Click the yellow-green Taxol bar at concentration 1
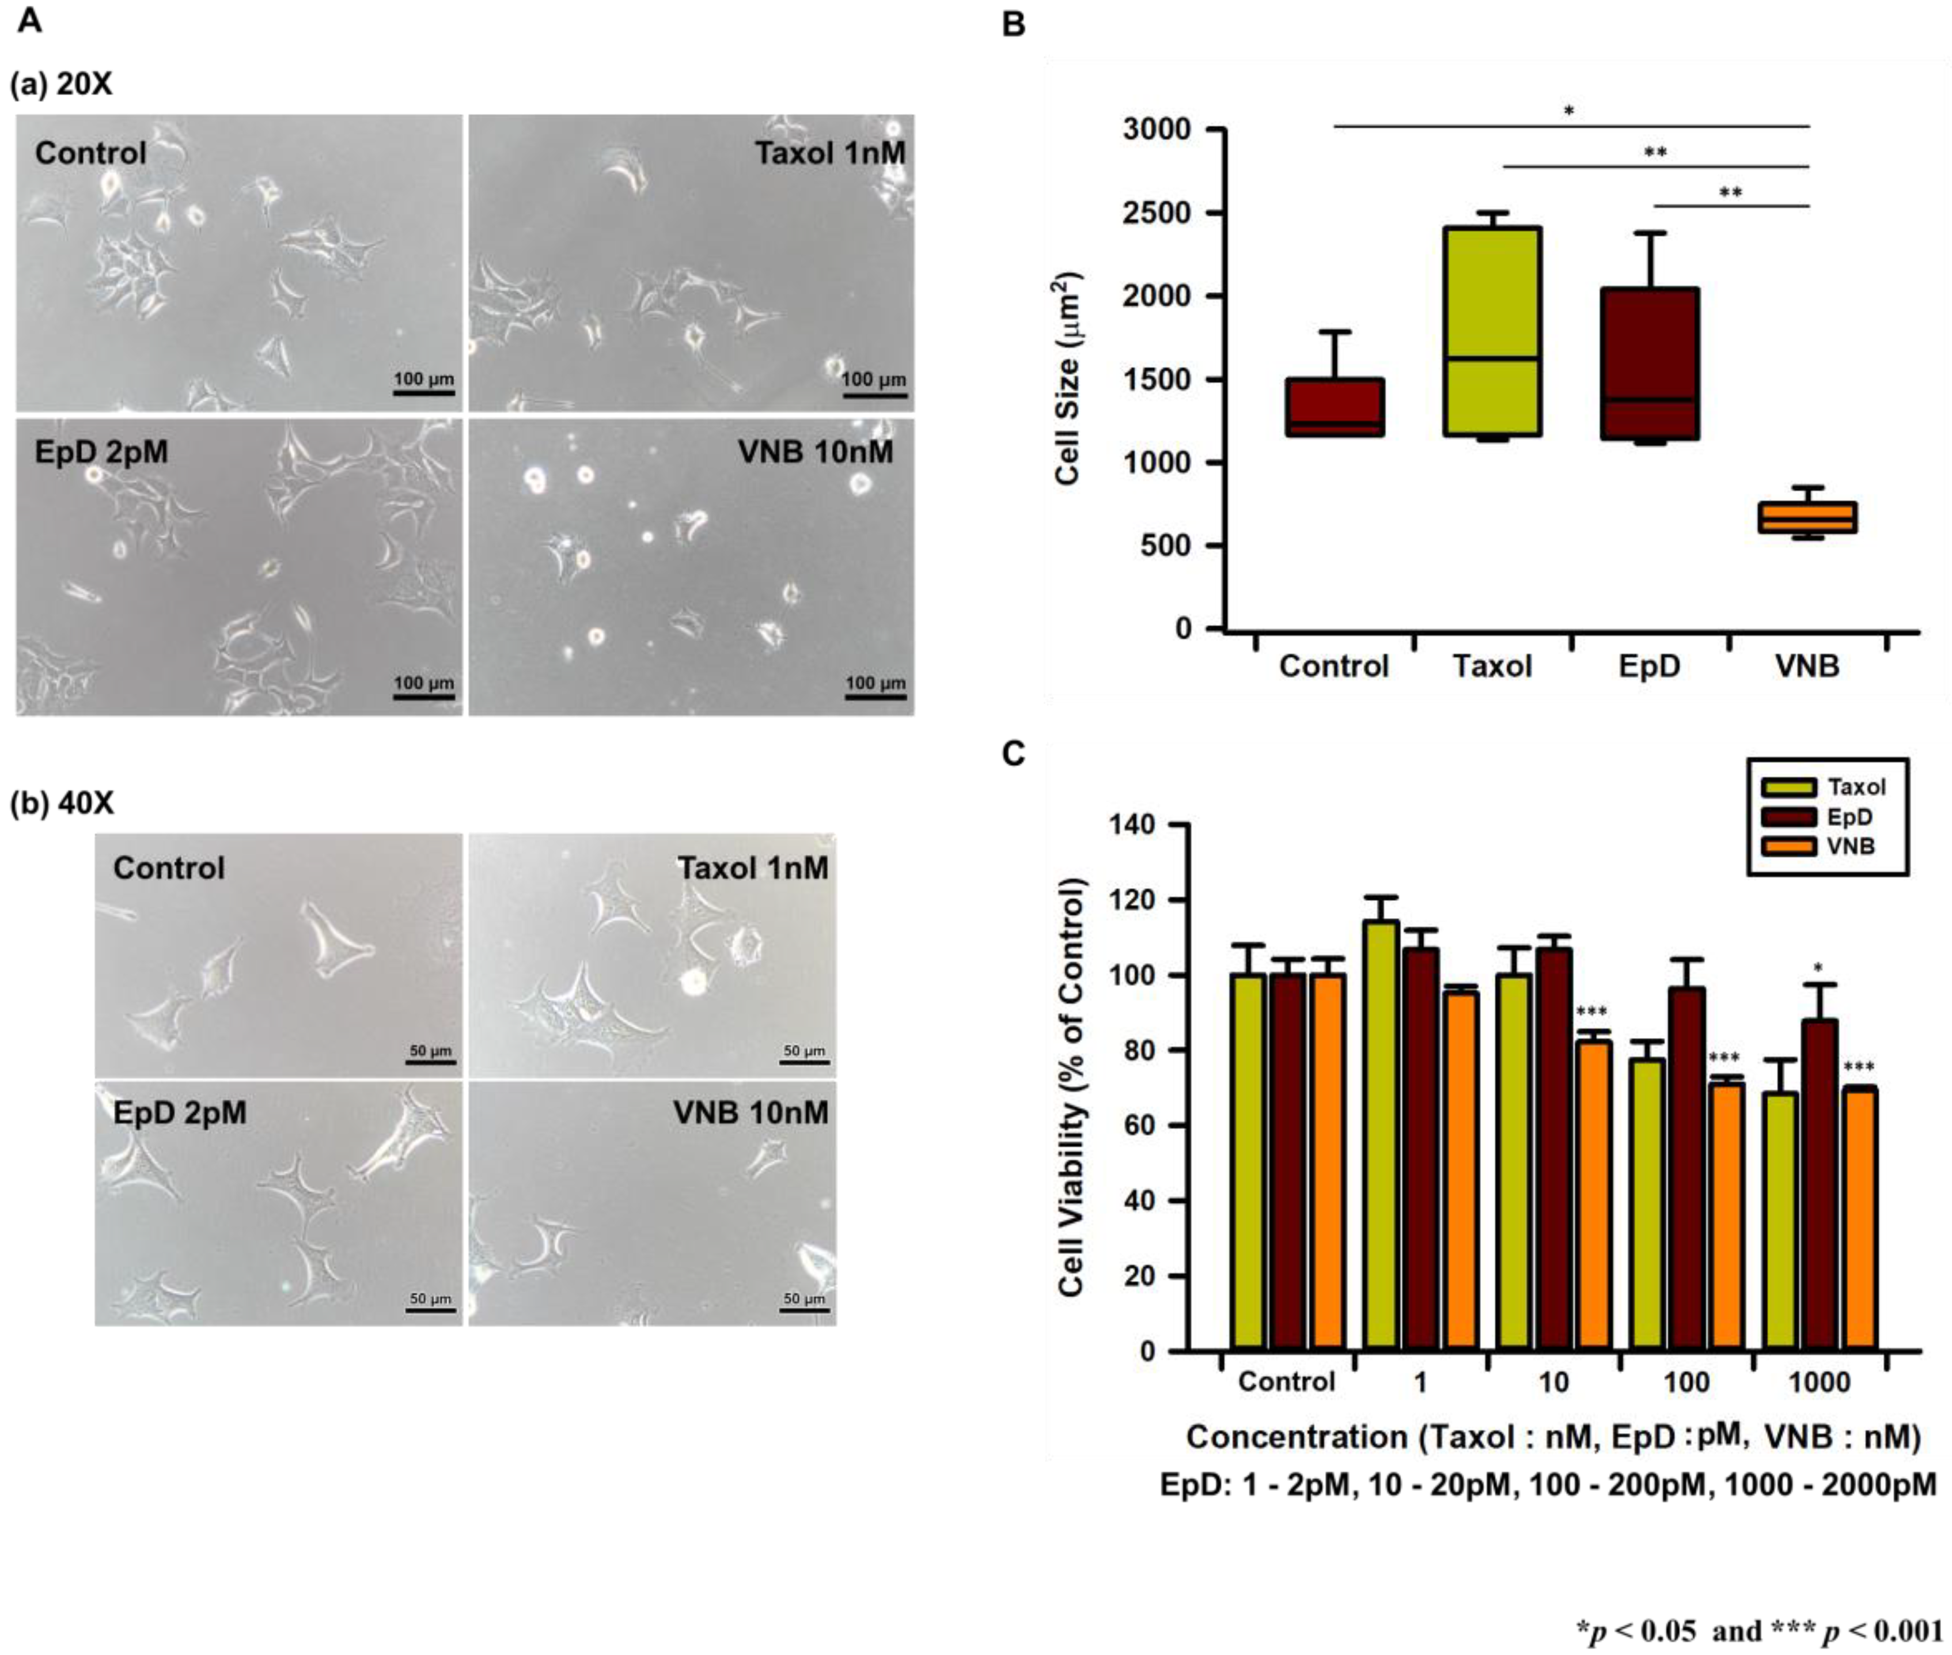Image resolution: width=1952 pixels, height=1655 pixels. pos(1381,1136)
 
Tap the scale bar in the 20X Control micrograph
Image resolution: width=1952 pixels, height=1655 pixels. pos(423,393)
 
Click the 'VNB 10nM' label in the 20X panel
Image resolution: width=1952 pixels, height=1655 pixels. pos(815,452)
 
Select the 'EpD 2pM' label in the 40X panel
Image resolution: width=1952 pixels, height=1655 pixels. pos(179,1113)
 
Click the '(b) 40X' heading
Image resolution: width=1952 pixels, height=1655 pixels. pos(62,803)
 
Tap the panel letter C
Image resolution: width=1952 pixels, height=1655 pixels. pos(1014,753)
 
